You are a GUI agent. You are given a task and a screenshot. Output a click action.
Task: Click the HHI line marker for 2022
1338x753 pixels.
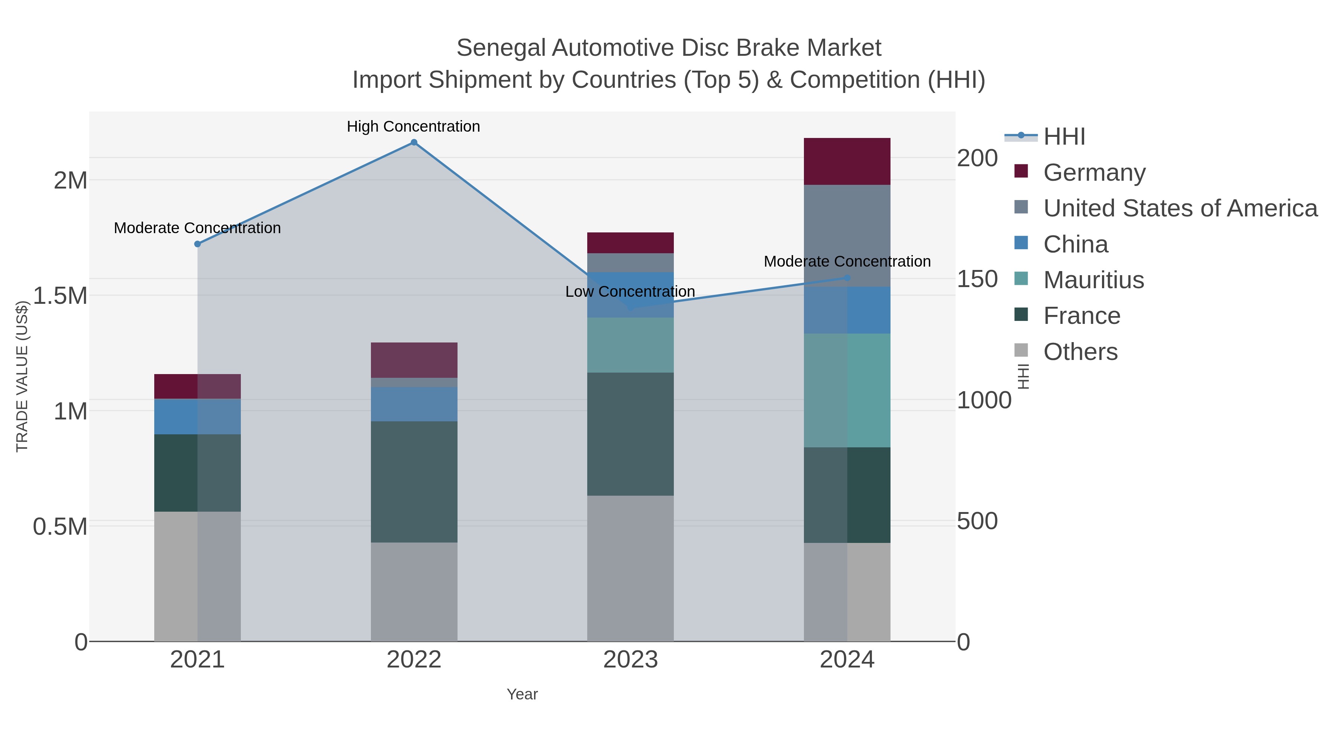[x=414, y=142]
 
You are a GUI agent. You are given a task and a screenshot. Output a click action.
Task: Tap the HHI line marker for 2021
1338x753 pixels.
[x=197, y=244]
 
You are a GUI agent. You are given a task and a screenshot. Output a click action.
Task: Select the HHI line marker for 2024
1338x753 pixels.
[x=847, y=278]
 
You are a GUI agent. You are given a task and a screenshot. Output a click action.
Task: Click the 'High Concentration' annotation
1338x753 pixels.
[x=413, y=127]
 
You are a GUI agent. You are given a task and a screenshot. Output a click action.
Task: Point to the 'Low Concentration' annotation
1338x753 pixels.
[x=630, y=292]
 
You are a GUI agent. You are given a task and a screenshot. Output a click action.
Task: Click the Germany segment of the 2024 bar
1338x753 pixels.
[x=847, y=162]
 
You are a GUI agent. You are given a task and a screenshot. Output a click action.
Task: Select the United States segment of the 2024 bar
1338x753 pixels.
[x=847, y=235]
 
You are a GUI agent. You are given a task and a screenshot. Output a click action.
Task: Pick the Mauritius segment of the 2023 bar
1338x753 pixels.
[x=630, y=345]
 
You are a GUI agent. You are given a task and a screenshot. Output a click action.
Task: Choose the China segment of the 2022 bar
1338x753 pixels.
[x=414, y=404]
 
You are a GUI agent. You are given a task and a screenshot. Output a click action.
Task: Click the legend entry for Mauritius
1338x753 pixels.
[x=1093, y=280]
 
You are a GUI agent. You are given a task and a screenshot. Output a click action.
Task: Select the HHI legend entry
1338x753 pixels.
[x=1064, y=137]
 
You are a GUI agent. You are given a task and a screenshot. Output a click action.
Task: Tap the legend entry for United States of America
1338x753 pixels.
[x=1180, y=208]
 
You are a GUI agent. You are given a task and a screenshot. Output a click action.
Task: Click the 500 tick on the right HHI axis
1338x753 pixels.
[x=977, y=521]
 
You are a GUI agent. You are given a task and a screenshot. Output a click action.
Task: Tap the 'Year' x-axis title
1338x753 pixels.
[x=522, y=694]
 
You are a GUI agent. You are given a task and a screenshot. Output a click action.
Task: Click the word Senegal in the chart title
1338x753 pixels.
[x=500, y=48]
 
